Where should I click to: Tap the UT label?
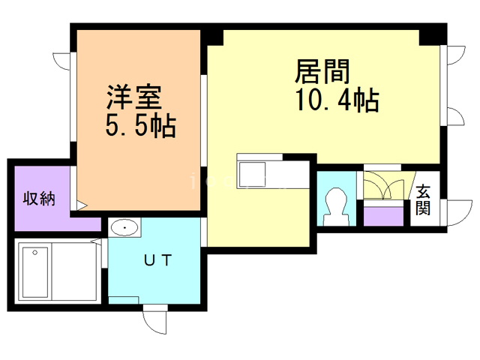158,261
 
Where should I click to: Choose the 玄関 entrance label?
424,200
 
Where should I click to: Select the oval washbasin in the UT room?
124,227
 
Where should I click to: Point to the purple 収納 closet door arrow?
82,204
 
